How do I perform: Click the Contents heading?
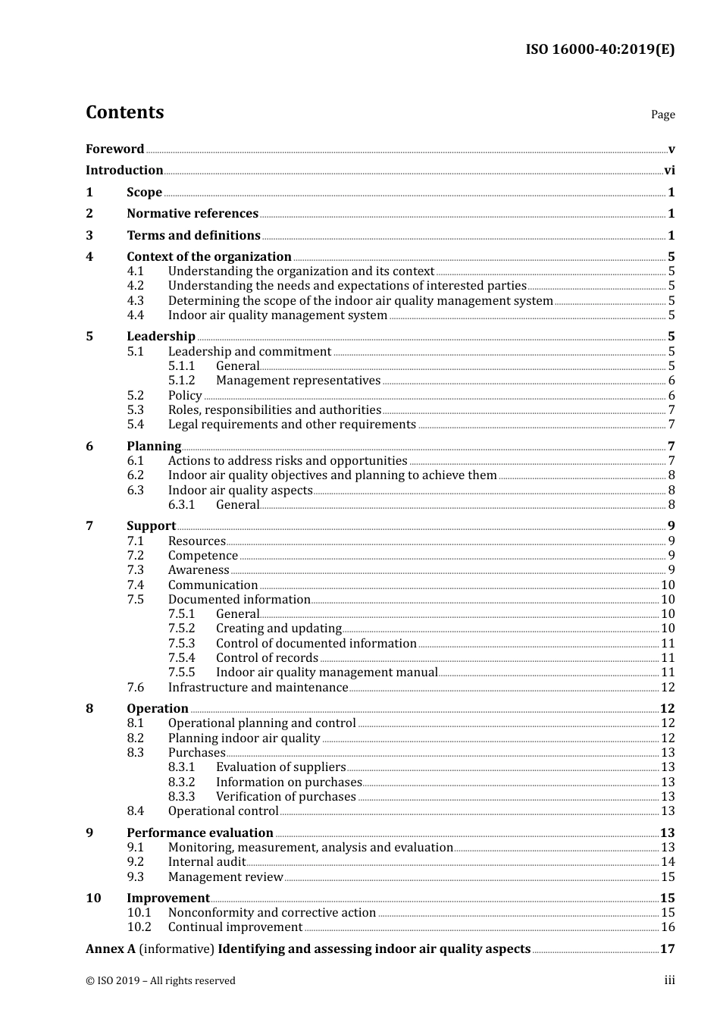(x=124, y=112)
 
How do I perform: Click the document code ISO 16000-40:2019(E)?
(x=599, y=49)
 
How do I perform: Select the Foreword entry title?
(x=114, y=149)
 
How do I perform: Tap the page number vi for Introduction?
(x=669, y=171)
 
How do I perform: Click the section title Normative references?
(x=193, y=214)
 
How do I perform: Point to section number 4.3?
(x=136, y=300)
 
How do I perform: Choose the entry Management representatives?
(x=298, y=381)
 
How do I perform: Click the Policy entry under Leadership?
(x=185, y=395)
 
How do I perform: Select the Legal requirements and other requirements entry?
(x=292, y=425)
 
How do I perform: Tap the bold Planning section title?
(x=154, y=446)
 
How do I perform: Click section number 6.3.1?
(x=181, y=505)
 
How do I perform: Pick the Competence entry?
(x=202, y=556)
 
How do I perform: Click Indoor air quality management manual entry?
(x=327, y=673)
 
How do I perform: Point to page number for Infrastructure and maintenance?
(x=668, y=687)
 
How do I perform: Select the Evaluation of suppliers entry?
(x=280, y=767)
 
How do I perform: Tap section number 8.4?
(x=136, y=811)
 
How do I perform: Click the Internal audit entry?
(x=207, y=862)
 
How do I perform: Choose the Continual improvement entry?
(x=235, y=927)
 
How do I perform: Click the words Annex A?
(x=111, y=949)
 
